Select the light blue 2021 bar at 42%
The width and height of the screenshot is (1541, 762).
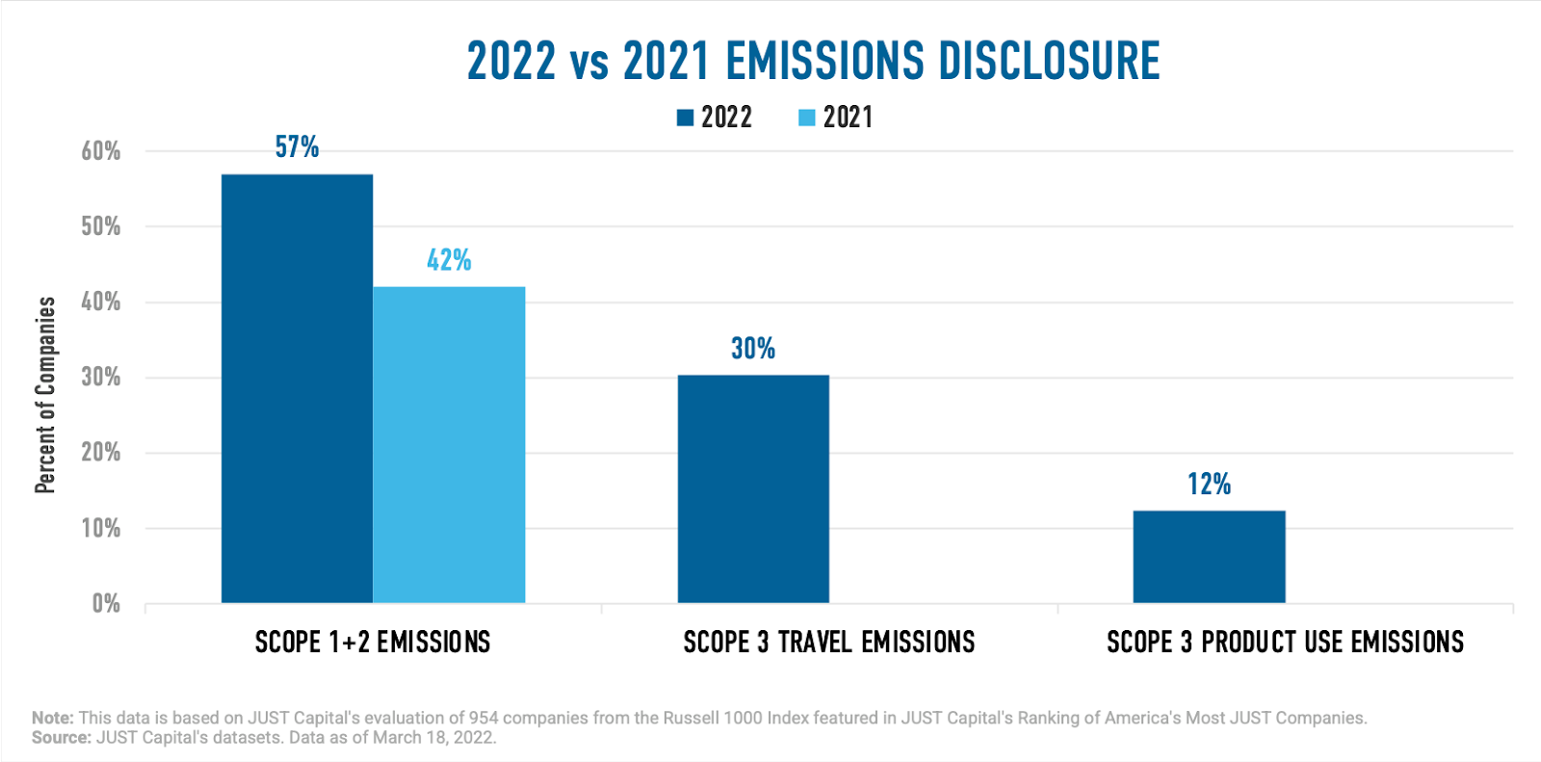tap(449, 444)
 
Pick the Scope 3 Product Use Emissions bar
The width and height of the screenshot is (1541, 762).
tap(1209, 556)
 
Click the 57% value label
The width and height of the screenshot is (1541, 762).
tap(297, 147)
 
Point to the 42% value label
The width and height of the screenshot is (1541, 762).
tap(449, 260)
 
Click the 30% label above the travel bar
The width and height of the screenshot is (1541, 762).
tap(753, 349)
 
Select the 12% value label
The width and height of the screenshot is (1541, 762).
tap(1209, 484)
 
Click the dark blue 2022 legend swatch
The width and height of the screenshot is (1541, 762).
tap(686, 118)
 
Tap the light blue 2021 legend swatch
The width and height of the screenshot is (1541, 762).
tap(807, 118)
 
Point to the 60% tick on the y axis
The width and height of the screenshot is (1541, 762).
tap(101, 151)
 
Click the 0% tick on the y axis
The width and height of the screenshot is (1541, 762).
tap(106, 604)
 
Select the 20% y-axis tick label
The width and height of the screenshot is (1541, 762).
tap(101, 453)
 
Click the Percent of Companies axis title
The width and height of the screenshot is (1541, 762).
tap(45, 395)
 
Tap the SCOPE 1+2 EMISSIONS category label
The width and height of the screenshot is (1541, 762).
tap(373, 643)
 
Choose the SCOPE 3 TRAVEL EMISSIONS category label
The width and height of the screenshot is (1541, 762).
tap(829, 643)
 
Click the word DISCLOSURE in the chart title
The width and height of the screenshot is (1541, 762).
tap(1049, 61)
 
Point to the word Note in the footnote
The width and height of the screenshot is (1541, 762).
tap(52, 718)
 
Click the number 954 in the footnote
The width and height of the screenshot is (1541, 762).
tap(483, 718)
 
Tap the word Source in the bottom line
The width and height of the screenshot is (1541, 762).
tap(62, 738)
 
